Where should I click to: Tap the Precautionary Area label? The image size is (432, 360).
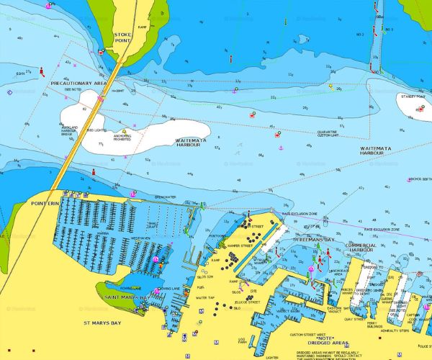[x=78, y=84]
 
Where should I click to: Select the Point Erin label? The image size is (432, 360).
[x=44, y=204]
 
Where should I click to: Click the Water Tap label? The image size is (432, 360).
[x=206, y=297]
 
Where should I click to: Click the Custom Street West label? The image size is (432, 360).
[x=307, y=335]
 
